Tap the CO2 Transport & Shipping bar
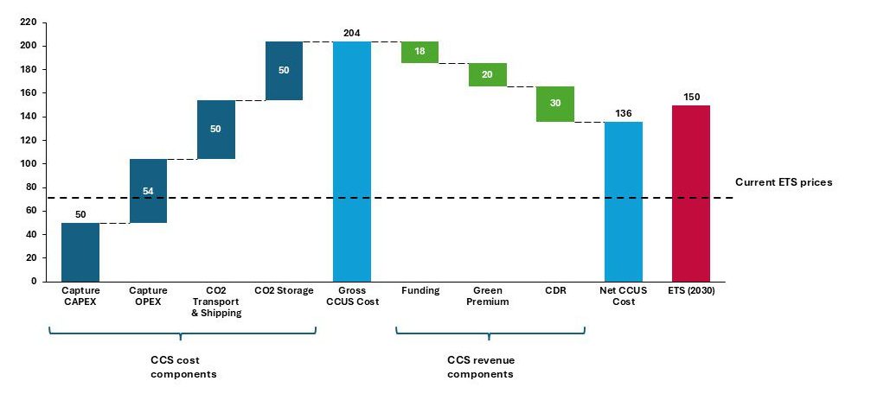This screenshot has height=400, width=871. [216, 130]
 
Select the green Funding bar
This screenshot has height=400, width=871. [419, 52]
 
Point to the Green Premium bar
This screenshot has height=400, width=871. [487, 75]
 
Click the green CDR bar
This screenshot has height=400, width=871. [555, 104]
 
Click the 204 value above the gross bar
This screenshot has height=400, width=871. [352, 33]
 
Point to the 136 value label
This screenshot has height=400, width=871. [623, 113]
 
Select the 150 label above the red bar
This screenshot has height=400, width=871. [690, 97]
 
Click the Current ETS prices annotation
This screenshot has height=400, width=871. [783, 182]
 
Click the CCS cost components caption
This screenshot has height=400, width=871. [183, 367]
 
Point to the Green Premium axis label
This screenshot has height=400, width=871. [487, 296]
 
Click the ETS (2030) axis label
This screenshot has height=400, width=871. [690, 291]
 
